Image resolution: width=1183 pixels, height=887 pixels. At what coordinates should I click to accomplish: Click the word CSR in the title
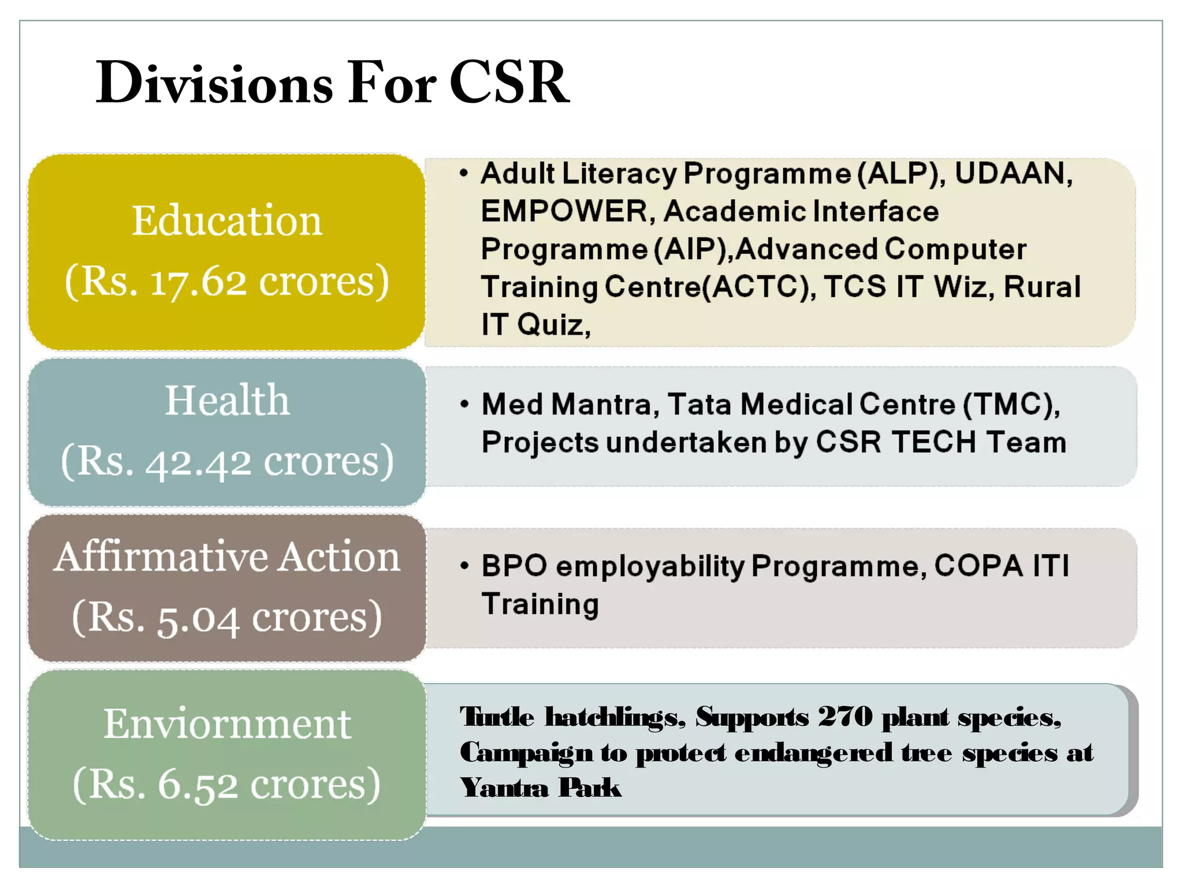tap(508, 83)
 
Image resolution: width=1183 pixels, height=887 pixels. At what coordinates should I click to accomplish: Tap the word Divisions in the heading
tap(214, 83)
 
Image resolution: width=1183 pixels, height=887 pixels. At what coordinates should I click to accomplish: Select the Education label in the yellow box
tap(226, 221)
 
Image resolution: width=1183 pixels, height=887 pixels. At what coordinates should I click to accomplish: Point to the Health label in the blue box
tap(227, 400)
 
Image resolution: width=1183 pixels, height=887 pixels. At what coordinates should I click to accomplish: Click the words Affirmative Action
tap(227, 557)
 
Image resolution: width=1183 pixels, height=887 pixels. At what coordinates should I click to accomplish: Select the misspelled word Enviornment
tap(227, 724)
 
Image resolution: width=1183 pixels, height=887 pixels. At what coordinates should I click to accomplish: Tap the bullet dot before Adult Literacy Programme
tap(463, 173)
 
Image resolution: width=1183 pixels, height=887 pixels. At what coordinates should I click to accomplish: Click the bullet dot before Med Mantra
tap(464, 404)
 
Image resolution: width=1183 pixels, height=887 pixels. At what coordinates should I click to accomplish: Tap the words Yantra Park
tap(540, 788)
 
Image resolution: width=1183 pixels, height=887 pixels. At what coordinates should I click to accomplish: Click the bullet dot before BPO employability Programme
tap(464, 565)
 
